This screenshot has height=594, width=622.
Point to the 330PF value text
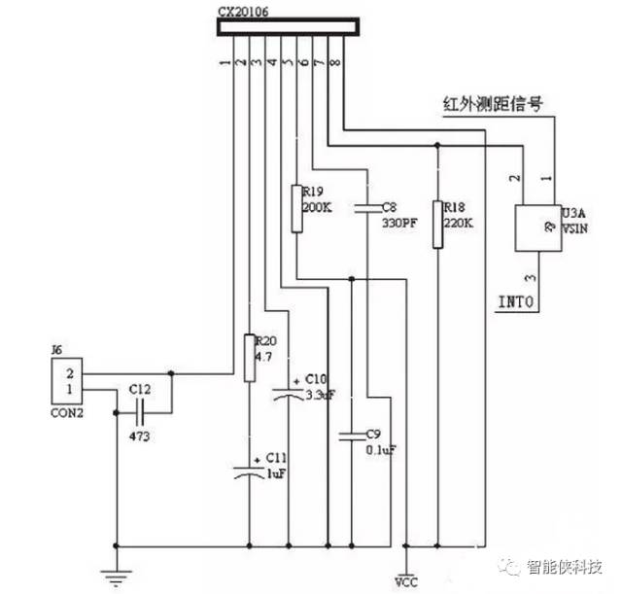pos(400,222)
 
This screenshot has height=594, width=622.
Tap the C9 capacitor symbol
pos(350,434)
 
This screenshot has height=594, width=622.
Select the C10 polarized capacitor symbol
pos(289,394)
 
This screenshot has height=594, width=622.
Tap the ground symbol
pos(117,577)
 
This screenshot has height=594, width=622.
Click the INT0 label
pos(516,301)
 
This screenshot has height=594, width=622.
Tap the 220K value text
pos(460,222)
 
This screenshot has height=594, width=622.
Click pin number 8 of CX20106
pos(336,61)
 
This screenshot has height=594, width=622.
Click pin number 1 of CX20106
pos(225,61)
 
